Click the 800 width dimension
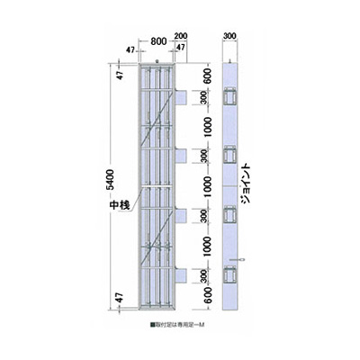pyautogui.click(x=157, y=40)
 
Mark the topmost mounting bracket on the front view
pyautogui.click(x=181, y=95)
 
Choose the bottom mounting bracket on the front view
pyautogui.click(x=181, y=274)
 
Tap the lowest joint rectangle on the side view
pyautogui.click(x=229, y=274)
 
